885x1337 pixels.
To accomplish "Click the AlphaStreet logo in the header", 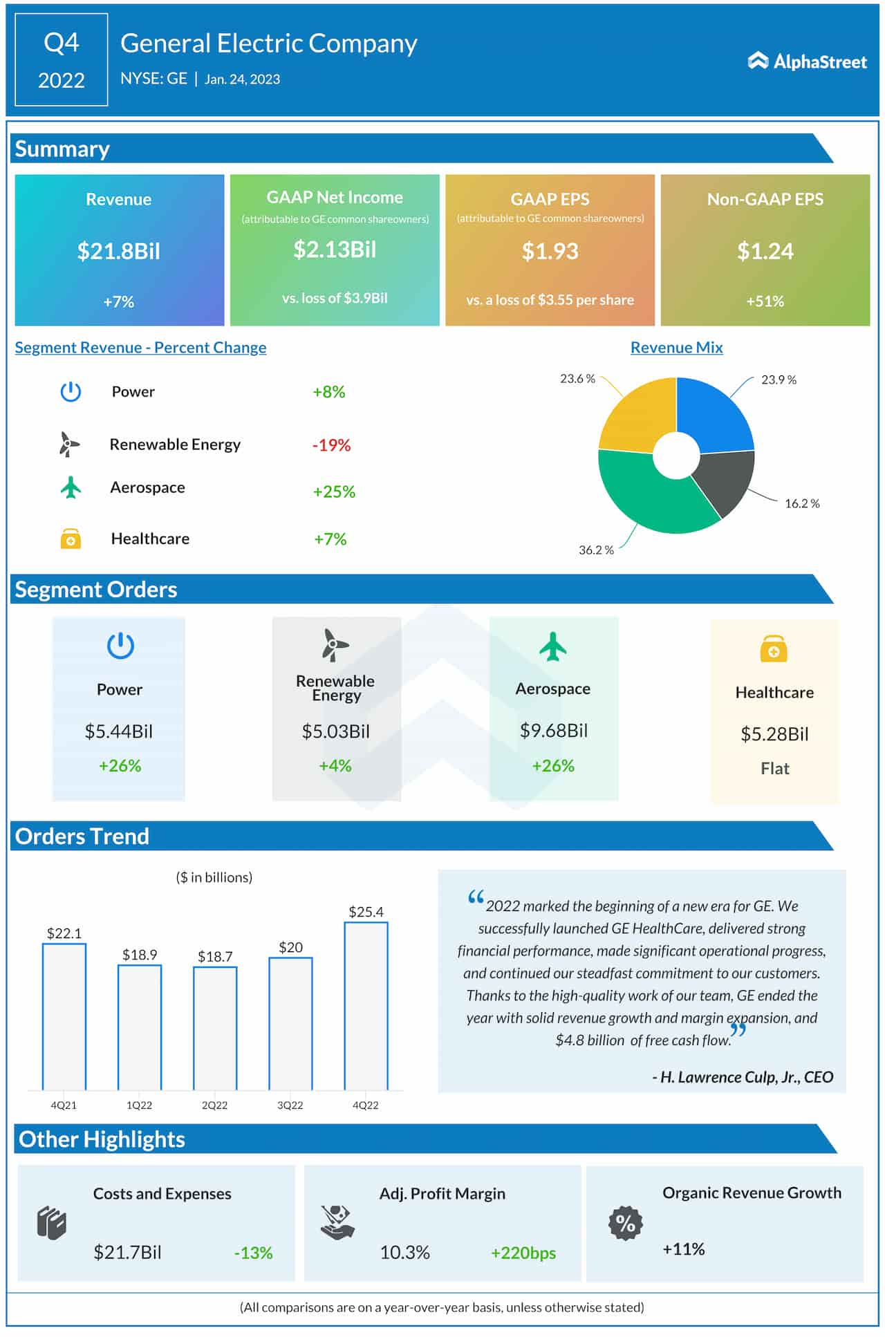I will pyautogui.click(x=806, y=62).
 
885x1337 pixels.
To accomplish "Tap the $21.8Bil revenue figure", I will pyautogui.click(x=118, y=251).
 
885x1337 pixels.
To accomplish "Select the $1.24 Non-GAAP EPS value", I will pyautogui.click(x=765, y=251).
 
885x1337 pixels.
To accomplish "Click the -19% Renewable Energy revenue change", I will pyautogui.click(x=331, y=445).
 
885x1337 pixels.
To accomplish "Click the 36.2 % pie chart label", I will pyautogui.click(x=596, y=550).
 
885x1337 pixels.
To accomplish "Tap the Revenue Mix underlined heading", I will pyautogui.click(x=676, y=348).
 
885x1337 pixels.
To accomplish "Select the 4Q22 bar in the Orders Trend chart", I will pyautogui.click(x=366, y=1006).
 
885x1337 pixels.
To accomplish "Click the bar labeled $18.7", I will pyautogui.click(x=215, y=1028).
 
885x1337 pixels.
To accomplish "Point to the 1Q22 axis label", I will pyautogui.click(x=139, y=1105).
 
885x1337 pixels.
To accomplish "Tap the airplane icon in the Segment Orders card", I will pyautogui.click(x=552, y=647).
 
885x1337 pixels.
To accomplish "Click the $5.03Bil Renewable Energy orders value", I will pyautogui.click(x=335, y=731).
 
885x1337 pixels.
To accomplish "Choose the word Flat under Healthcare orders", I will pyautogui.click(x=774, y=769).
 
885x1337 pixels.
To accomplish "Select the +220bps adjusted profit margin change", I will pyautogui.click(x=523, y=1253).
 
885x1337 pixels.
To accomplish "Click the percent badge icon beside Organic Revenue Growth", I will pyautogui.click(x=625, y=1223).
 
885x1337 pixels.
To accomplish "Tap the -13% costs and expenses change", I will pyautogui.click(x=253, y=1253).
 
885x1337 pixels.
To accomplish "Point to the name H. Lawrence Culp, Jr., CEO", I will pyautogui.click(x=743, y=1077).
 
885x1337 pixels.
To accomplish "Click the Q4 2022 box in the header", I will pyautogui.click(x=62, y=60).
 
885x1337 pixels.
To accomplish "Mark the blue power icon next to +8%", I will pyautogui.click(x=71, y=392).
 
